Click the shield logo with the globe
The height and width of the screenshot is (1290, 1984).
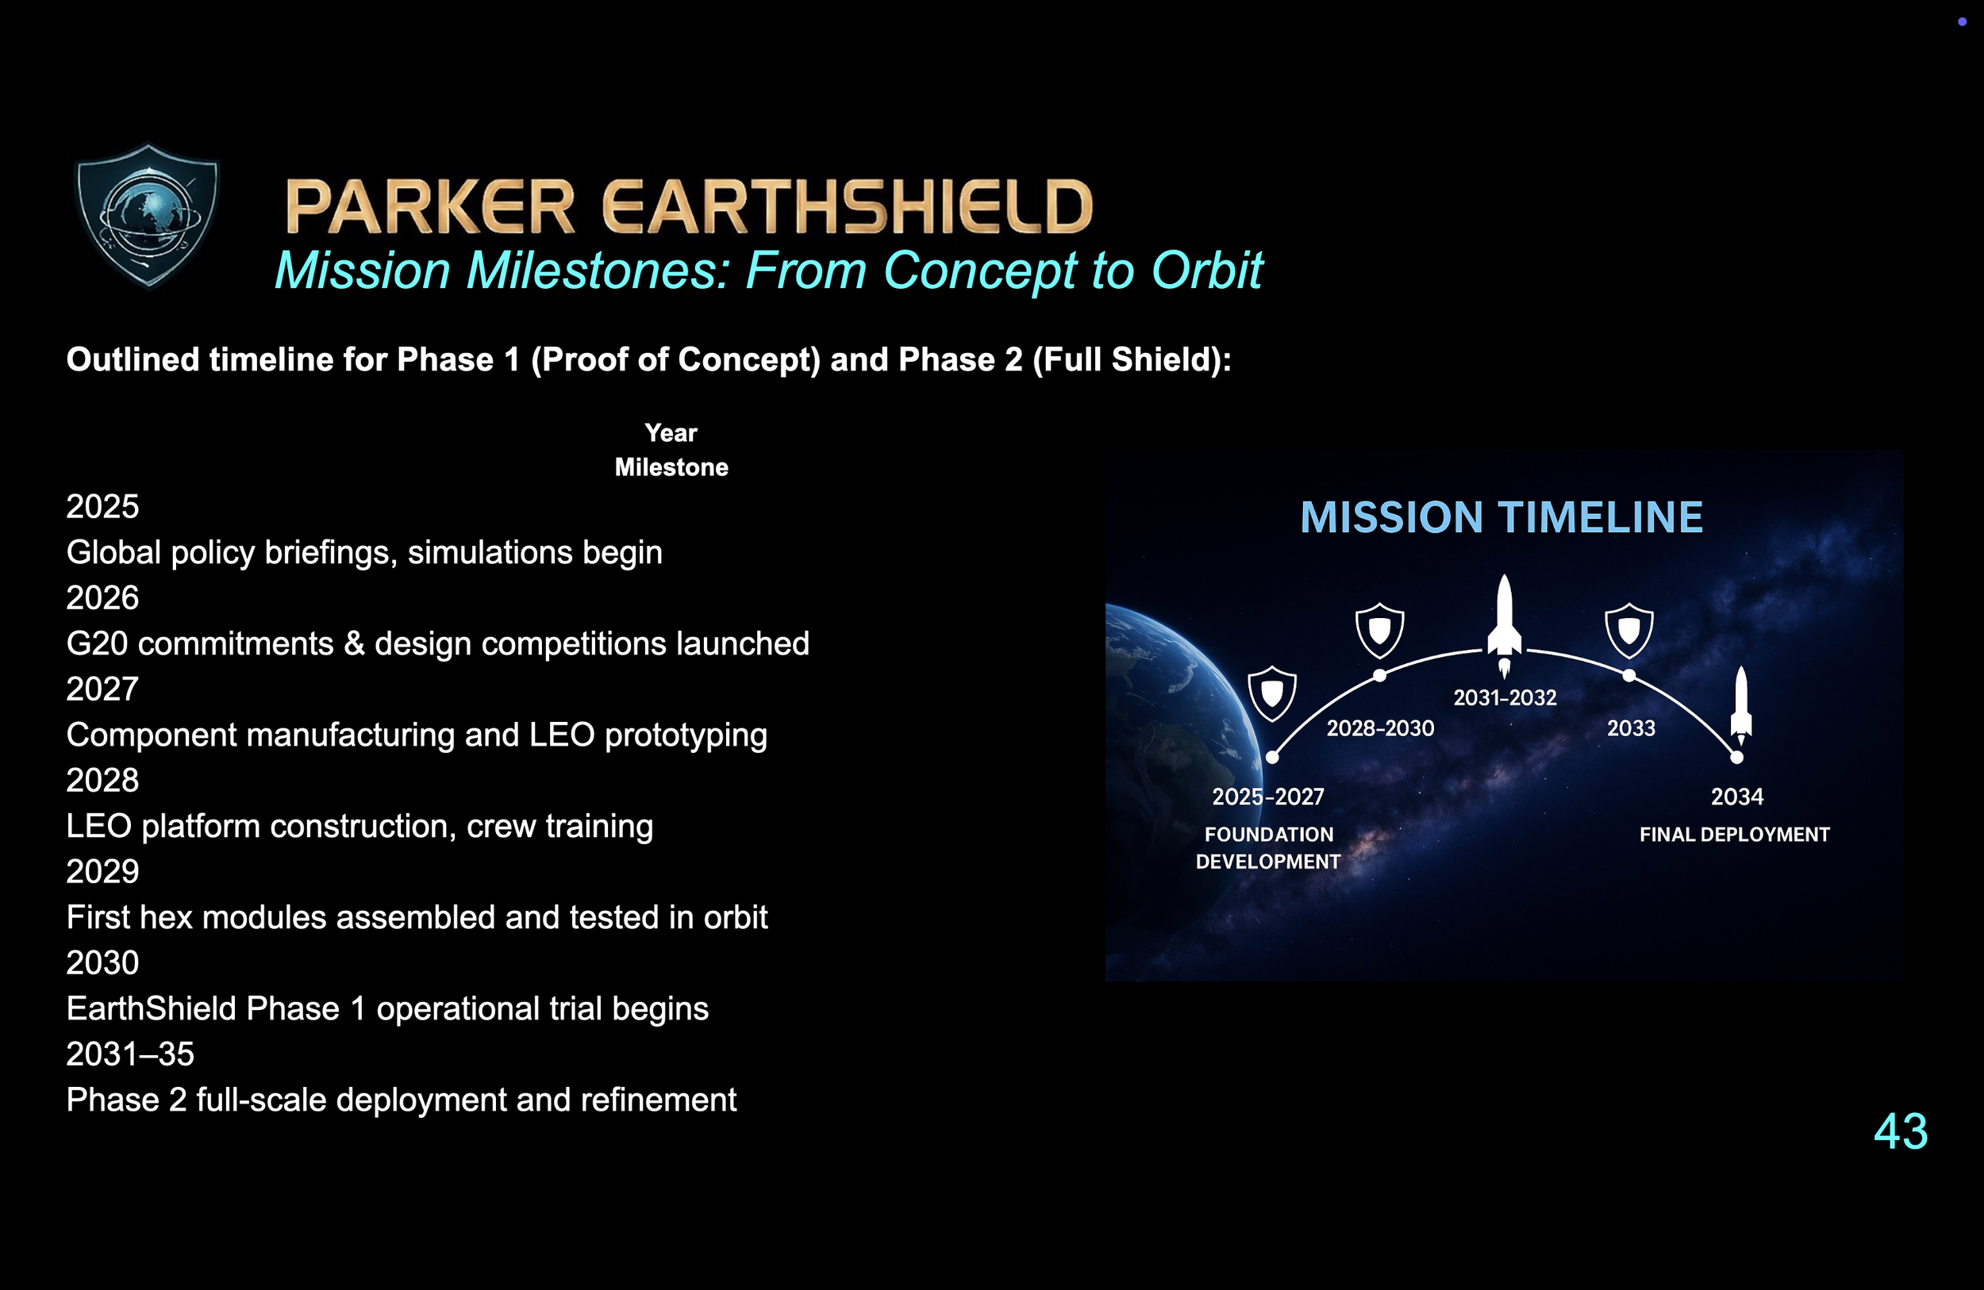pyautogui.click(x=148, y=215)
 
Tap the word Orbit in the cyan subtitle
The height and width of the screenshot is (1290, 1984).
pyautogui.click(x=1207, y=270)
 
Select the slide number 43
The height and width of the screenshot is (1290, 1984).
pyautogui.click(x=1901, y=1131)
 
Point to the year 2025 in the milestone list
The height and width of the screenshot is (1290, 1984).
pyautogui.click(x=102, y=507)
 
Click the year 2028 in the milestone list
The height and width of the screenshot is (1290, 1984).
pyautogui.click(x=102, y=780)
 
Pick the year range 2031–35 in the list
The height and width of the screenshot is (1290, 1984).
pyautogui.click(x=130, y=1054)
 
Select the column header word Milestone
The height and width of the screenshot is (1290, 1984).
pyautogui.click(x=671, y=467)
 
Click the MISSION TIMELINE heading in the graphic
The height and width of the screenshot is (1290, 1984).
pyautogui.click(x=1501, y=517)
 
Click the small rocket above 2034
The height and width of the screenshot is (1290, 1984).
pyautogui.click(x=1740, y=705)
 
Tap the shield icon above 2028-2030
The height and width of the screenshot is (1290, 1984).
pyautogui.click(x=1379, y=631)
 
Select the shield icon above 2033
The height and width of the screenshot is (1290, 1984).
pyautogui.click(x=1629, y=631)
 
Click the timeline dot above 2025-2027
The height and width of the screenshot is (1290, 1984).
pyautogui.click(x=1272, y=758)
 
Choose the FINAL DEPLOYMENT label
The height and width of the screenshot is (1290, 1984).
pyautogui.click(x=1734, y=834)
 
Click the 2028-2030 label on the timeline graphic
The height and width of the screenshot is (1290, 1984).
pyautogui.click(x=1380, y=728)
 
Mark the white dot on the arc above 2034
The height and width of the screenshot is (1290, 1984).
pyautogui.click(x=1736, y=758)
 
